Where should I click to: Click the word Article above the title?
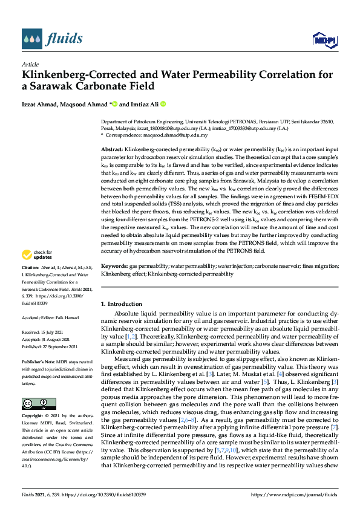tap(30, 63)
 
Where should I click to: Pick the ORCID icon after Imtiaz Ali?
tap(162, 104)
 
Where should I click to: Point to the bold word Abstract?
tap(112, 148)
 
